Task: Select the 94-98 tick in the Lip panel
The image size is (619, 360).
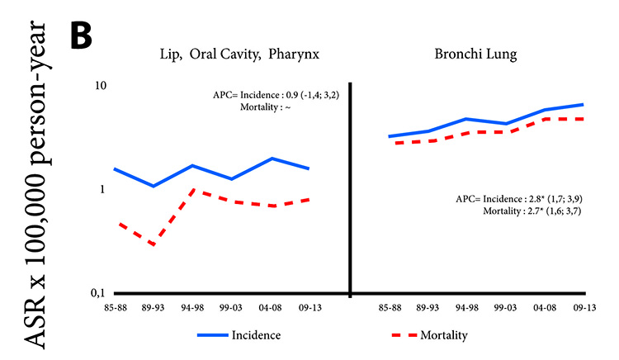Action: click(x=192, y=307)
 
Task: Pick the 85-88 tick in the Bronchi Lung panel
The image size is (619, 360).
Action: click(x=390, y=307)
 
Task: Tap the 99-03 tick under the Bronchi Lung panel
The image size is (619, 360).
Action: click(x=507, y=307)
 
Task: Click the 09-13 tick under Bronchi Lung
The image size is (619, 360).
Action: click(x=584, y=307)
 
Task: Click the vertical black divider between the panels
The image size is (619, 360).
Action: click(x=350, y=190)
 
